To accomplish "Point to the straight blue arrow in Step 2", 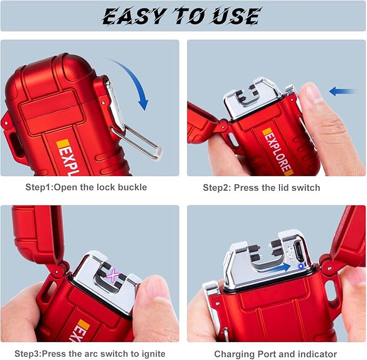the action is [x=342, y=91].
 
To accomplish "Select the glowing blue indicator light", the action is [x=301, y=266].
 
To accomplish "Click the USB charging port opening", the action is [x=299, y=251].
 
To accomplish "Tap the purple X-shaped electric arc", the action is [x=114, y=275].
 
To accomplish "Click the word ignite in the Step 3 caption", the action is [x=154, y=354].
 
